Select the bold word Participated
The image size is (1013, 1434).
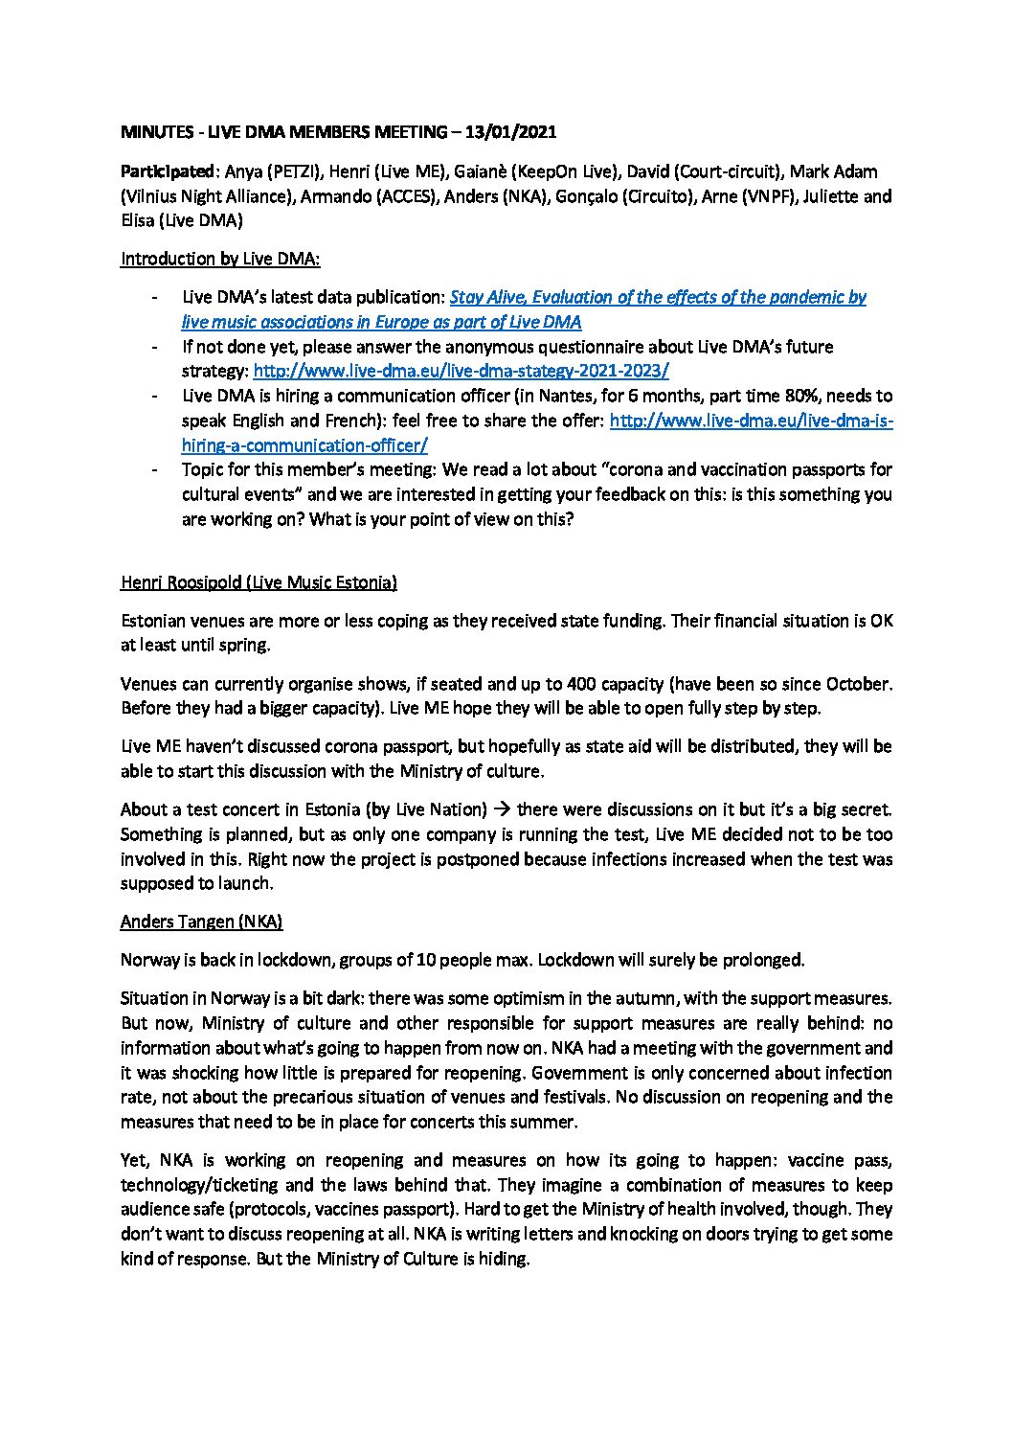click(x=167, y=171)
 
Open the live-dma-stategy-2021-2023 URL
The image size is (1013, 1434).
click(x=461, y=371)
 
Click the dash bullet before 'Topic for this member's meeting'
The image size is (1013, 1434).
click(x=155, y=469)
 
